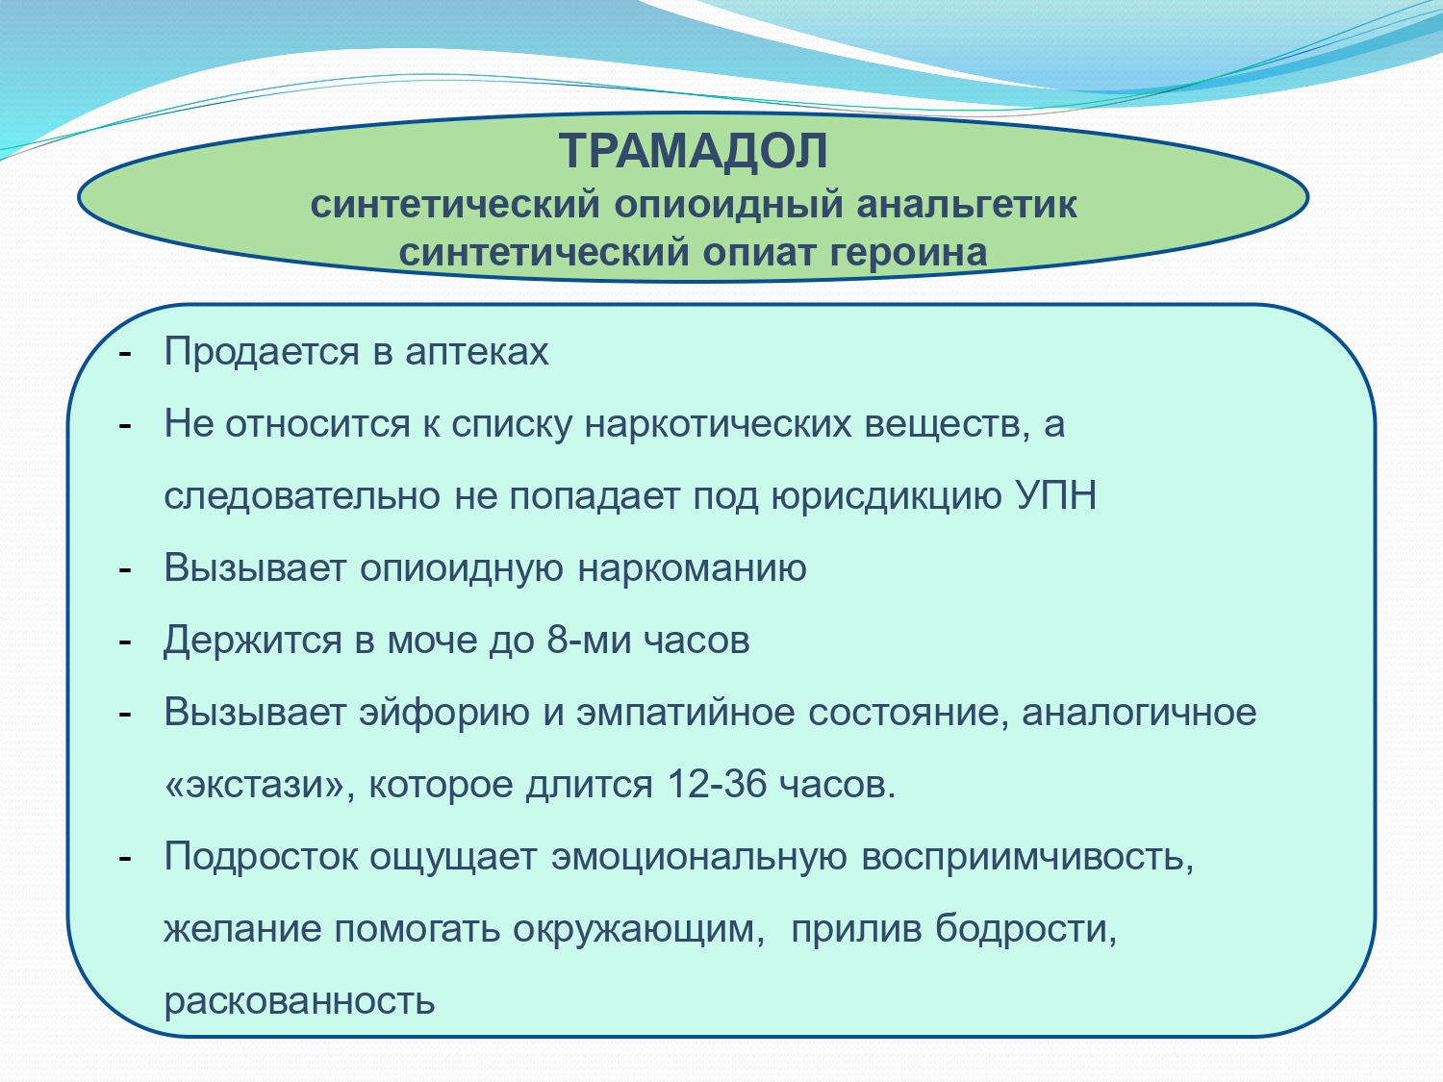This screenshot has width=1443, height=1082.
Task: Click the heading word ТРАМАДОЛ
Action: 693,151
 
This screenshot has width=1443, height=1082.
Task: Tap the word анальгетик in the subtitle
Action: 967,204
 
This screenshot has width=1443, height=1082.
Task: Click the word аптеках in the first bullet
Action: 476,353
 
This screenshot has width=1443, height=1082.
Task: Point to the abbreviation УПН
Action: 1056,495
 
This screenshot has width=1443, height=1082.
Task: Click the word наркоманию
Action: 692,567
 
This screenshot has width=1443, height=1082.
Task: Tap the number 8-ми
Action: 588,639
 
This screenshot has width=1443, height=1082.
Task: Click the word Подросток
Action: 261,858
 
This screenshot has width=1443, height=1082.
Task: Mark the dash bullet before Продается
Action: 125,354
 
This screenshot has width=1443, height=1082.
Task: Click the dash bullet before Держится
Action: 125,642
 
